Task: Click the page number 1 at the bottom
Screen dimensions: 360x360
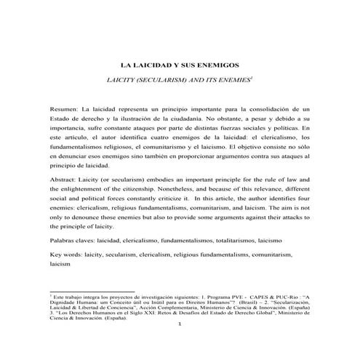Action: tap(180, 324)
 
